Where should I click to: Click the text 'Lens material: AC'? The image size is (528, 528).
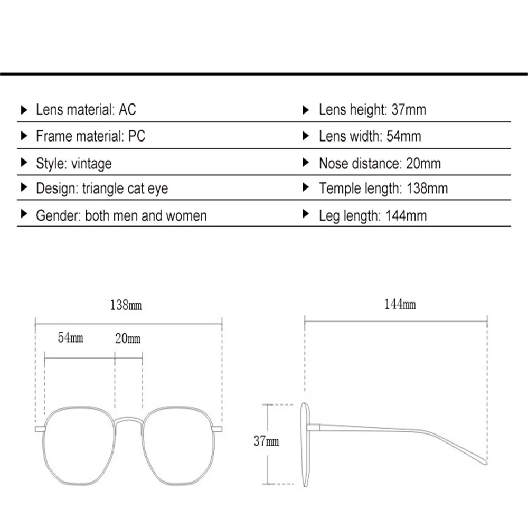pos(86,110)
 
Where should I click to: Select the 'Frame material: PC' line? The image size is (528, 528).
pos(90,136)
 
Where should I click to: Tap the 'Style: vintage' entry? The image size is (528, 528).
pos(73,163)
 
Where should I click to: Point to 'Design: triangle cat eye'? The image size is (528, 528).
pos(102,188)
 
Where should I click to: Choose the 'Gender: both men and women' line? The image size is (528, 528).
pos(121,215)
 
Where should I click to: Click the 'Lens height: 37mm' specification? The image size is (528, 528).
pos(372,110)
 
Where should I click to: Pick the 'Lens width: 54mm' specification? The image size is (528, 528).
pos(370,136)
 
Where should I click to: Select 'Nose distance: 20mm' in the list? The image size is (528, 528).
pos(380,163)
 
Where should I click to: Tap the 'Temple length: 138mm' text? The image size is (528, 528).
pos(383,188)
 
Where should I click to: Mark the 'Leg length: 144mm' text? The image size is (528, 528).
pos(373,215)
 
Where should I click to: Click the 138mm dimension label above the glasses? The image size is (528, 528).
pos(126,305)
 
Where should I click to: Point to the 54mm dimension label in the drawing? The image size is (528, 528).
pos(70,337)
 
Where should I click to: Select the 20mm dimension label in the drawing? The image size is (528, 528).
pos(128,338)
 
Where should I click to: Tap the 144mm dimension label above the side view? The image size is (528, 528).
pos(400,304)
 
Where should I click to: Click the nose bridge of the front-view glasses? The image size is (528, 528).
pos(128,420)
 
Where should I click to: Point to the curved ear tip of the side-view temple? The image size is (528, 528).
pos(478,457)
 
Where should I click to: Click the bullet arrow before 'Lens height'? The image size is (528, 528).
pos(305,110)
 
